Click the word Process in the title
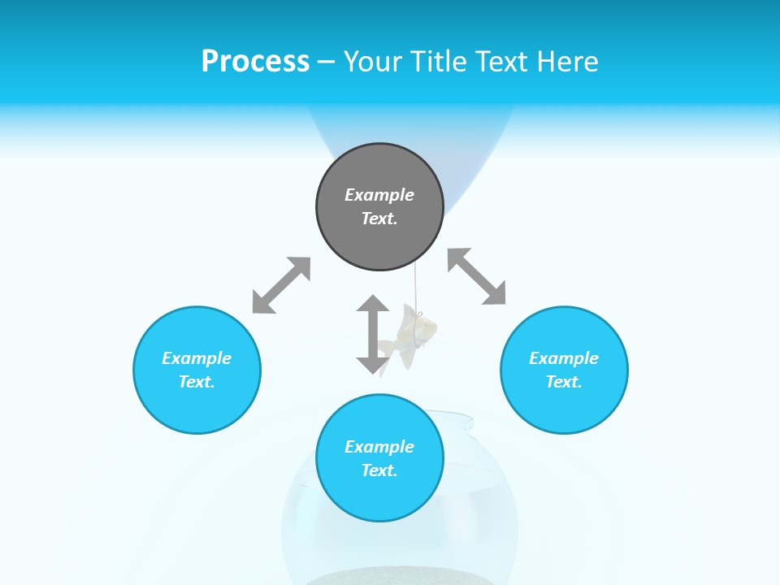pyautogui.click(x=255, y=62)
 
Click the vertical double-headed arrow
pyautogui.click(x=373, y=334)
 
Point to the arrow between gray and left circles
pyautogui.click(x=281, y=285)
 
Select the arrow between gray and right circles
pyautogui.click(x=477, y=276)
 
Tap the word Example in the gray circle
pyautogui.click(x=379, y=195)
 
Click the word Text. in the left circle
pyautogui.click(x=197, y=382)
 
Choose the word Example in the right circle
pyautogui.click(x=564, y=358)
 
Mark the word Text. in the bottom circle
pyautogui.click(x=379, y=470)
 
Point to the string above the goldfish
pyautogui.click(x=416, y=288)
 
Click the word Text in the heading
pyautogui.click(x=500, y=62)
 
